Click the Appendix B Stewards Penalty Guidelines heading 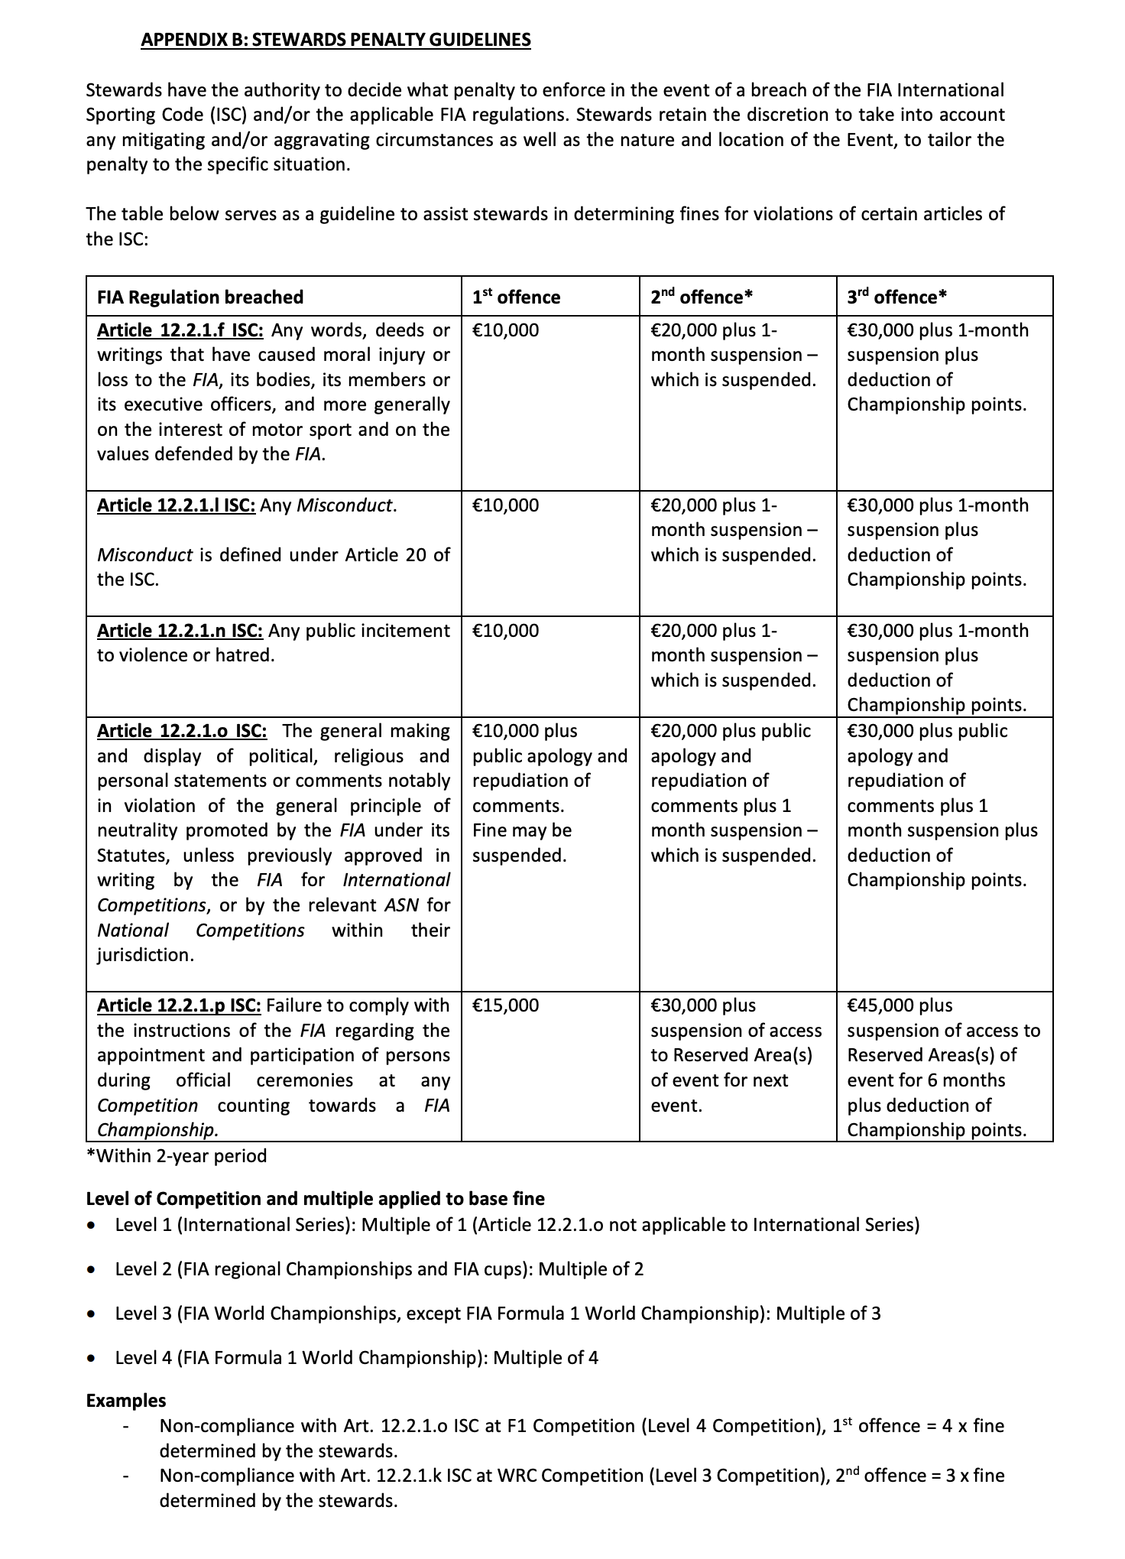click(336, 40)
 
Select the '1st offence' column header click(516, 297)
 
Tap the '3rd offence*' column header click(896, 297)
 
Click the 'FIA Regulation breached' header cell click(200, 297)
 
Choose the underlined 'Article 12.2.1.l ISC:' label click(176, 505)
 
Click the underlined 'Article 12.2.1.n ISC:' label click(180, 631)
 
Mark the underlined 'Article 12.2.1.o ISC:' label click(182, 731)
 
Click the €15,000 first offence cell click(505, 1005)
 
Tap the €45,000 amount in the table click(880, 1005)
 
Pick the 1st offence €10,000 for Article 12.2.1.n click(505, 631)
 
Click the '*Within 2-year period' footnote click(177, 1155)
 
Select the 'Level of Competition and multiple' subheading click(315, 1198)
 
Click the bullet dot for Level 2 click(92, 1270)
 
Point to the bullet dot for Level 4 click(92, 1359)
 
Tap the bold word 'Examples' click(126, 1401)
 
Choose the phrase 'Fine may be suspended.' click(521, 843)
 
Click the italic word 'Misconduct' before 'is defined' click(144, 555)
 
